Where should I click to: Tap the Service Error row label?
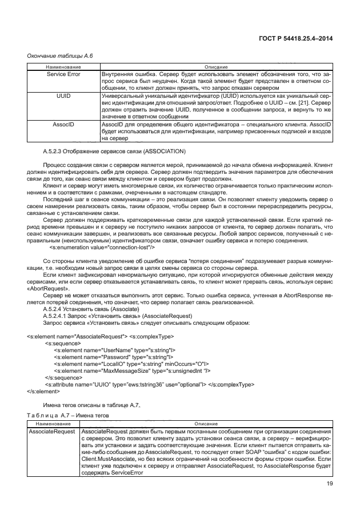(63, 74)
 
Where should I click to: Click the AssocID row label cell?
(63, 123)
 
